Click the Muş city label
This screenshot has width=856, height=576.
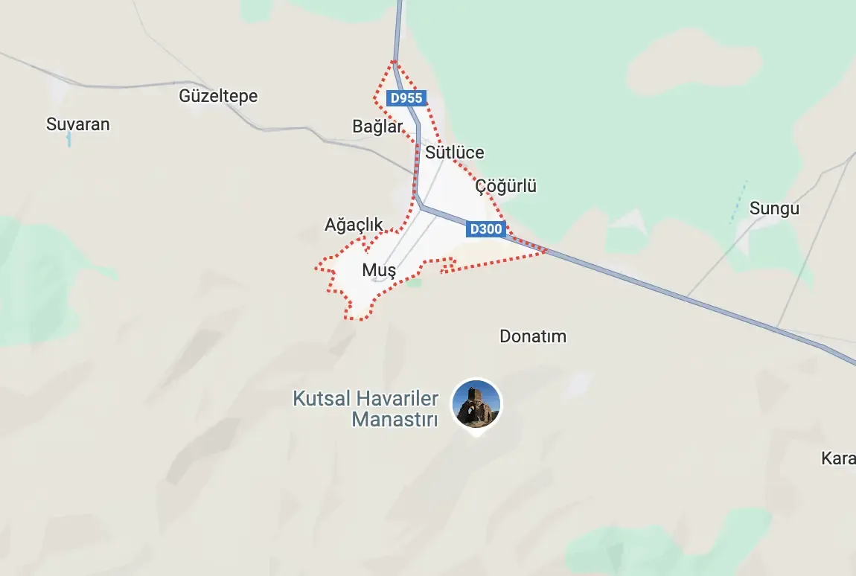tap(379, 270)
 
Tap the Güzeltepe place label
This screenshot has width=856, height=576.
tap(218, 96)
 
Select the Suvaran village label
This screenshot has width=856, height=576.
tap(77, 124)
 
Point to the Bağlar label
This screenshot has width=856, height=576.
tap(377, 127)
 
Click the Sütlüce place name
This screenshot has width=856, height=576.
tap(455, 153)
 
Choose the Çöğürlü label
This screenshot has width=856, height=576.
tap(506, 186)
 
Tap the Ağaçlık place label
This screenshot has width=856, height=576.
tap(354, 224)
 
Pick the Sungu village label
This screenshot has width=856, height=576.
tap(774, 208)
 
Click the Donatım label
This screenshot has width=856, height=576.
tap(533, 336)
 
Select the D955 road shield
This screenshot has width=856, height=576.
tap(406, 97)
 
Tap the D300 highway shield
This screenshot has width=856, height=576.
tap(485, 229)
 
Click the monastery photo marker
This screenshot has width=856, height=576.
tap(477, 404)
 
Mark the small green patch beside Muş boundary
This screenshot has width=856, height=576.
tap(413, 282)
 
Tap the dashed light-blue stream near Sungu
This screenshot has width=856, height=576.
tap(738, 202)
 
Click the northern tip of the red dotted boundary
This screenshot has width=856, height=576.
tap(394, 62)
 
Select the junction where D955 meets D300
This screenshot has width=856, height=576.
tap(421, 207)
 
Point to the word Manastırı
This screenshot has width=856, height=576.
tap(395, 419)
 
